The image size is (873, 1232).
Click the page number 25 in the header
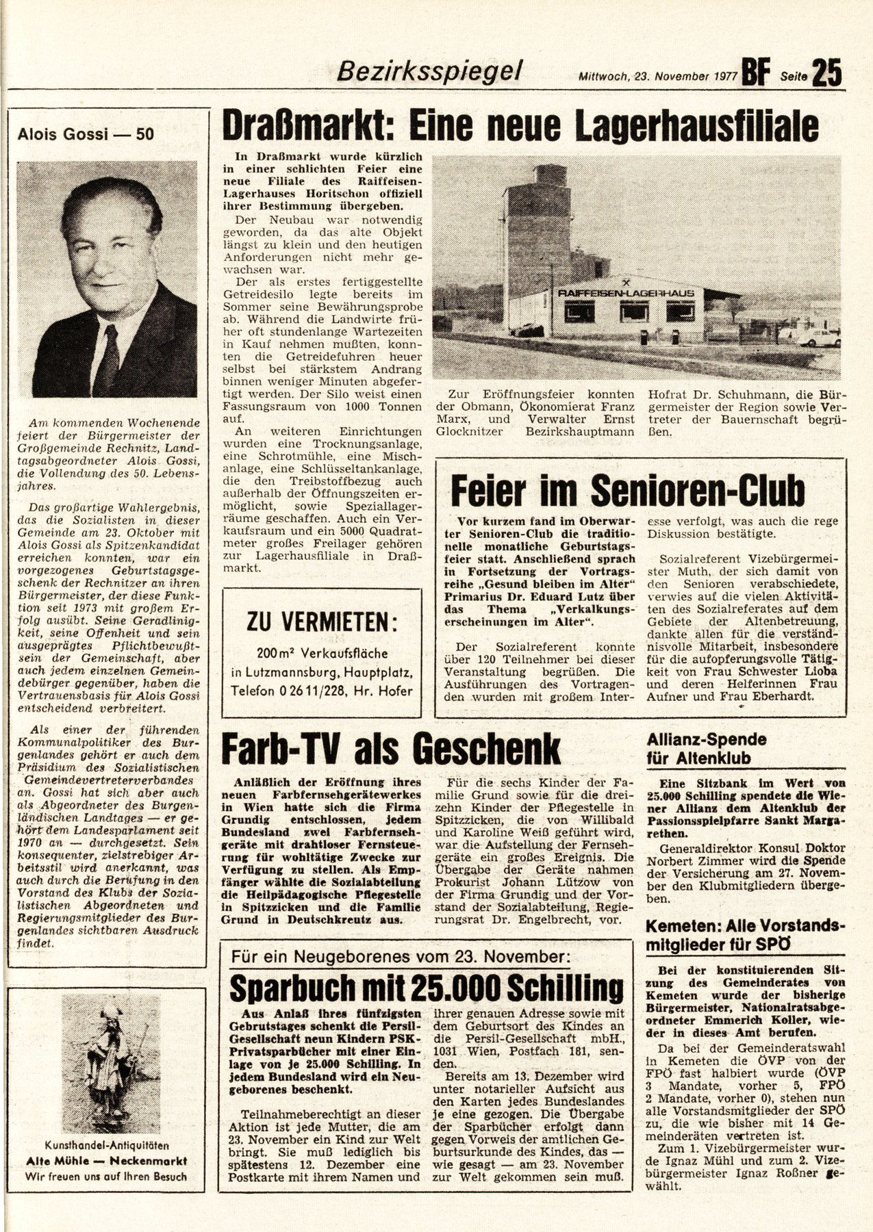(x=826, y=73)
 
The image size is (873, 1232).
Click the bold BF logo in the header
(x=755, y=73)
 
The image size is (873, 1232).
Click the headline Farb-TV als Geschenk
(x=391, y=749)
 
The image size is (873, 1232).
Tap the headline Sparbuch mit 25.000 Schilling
(x=426, y=988)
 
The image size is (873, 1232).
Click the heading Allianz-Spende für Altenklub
(x=706, y=749)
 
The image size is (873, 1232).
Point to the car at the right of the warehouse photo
(x=818, y=337)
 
